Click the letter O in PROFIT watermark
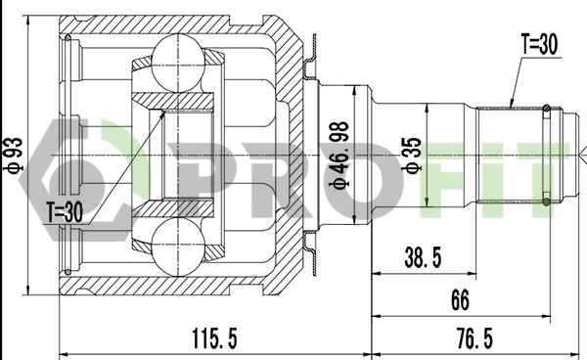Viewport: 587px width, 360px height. tap(338, 171)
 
